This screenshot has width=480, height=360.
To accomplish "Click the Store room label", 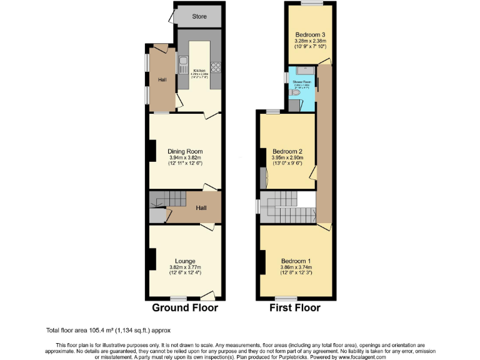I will [x=199, y=16].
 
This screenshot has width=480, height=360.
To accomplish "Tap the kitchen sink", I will [x=184, y=62].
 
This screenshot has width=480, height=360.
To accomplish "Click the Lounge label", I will [x=185, y=261].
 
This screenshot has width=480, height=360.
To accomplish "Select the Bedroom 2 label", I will [x=288, y=151].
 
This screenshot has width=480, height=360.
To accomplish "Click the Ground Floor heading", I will [x=185, y=307].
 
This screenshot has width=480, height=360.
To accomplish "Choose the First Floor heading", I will [x=294, y=307].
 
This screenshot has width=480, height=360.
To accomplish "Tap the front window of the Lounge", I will [x=179, y=297].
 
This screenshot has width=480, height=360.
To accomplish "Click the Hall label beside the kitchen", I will [x=162, y=79].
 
